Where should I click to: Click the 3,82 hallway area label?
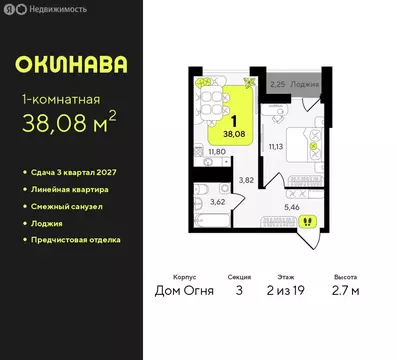coord(243,179)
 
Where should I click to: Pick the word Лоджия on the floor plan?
coord(304,84)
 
